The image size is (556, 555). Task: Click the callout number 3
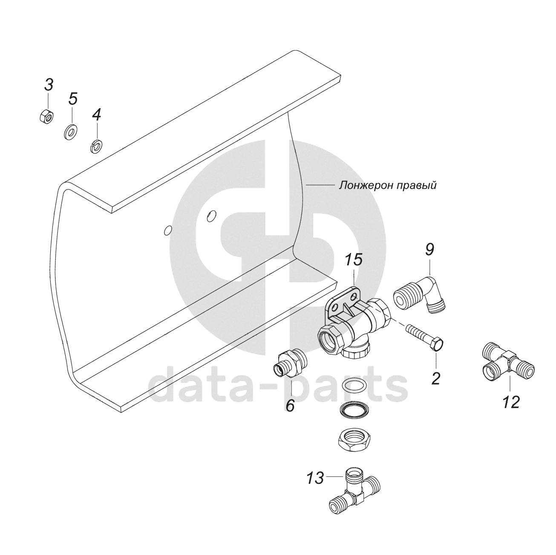(49, 85)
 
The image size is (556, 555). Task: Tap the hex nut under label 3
(46, 117)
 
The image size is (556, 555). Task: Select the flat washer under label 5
(70, 132)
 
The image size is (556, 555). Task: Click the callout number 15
(354, 260)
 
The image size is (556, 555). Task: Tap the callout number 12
(511, 402)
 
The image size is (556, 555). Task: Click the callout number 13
(315, 478)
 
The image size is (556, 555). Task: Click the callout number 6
(290, 405)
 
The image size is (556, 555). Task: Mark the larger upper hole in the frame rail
(211, 216)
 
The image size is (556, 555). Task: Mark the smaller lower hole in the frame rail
(168, 230)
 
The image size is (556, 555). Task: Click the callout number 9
(429, 249)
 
